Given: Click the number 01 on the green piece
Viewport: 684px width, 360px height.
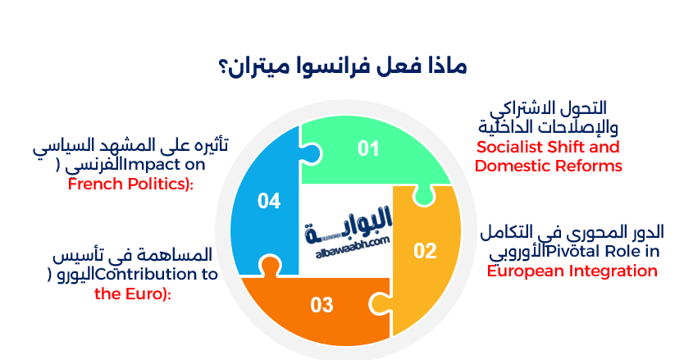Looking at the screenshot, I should [369, 148].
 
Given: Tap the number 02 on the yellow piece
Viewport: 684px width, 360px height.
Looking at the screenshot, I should [425, 251].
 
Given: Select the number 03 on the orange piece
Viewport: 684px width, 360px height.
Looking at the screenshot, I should [322, 306].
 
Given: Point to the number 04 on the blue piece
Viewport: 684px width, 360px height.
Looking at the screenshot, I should [269, 200].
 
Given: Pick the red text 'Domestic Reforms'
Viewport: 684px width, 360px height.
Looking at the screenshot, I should [549, 166].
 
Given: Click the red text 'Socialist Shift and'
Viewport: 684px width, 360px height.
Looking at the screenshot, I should [548, 148].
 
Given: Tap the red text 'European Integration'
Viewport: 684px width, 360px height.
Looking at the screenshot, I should [572, 271].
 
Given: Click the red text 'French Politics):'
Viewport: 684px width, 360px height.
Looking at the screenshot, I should [130, 184].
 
